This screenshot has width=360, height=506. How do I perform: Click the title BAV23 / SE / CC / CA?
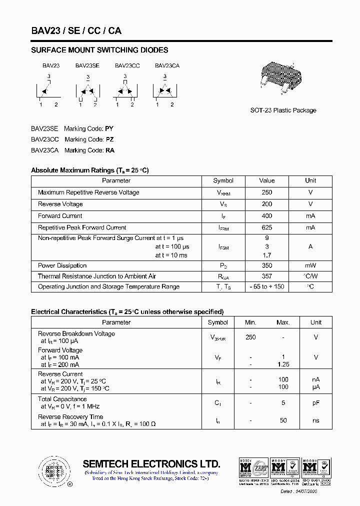click(x=76, y=30)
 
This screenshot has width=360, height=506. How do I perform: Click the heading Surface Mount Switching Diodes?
click(x=99, y=50)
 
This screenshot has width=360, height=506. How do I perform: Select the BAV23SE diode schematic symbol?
click(x=87, y=90)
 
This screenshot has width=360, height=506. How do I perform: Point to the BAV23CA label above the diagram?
click(x=167, y=65)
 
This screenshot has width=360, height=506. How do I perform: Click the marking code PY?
click(x=109, y=128)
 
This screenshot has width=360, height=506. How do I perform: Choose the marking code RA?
click(x=109, y=150)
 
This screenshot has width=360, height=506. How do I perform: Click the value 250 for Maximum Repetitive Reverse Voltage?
click(x=266, y=192)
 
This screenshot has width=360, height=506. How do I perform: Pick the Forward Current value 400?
click(x=266, y=216)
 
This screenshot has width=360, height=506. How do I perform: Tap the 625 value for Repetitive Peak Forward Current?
click(x=266, y=227)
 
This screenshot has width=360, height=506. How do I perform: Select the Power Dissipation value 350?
click(x=266, y=265)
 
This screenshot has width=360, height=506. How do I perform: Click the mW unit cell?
click(x=310, y=265)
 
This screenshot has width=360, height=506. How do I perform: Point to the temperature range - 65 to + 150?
click(x=266, y=286)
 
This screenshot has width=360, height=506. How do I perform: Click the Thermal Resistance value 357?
click(x=266, y=276)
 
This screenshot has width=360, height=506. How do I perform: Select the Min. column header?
click(x=250, y=322)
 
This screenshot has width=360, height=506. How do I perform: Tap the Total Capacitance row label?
click(x=62, y=399)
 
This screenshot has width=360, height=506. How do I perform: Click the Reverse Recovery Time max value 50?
click(x=283, y=420)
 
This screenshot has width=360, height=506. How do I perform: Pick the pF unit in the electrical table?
click(x=316, y=402)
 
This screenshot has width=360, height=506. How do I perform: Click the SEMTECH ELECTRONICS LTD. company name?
click(x=151, y=463)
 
